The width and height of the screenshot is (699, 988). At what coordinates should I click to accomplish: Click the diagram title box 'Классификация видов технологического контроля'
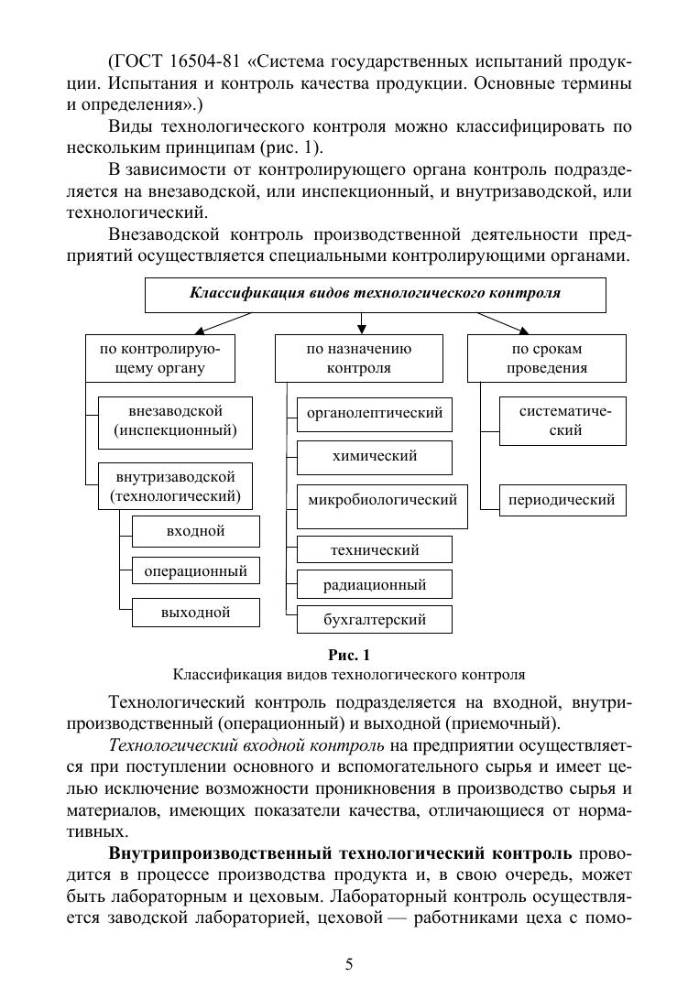pos(375,294)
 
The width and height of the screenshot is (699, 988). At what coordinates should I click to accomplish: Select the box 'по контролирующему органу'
pos(159,358)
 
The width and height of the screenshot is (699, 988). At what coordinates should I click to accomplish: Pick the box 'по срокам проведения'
pos(547,358)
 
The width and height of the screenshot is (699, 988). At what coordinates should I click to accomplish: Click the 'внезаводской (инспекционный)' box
pos(175,420)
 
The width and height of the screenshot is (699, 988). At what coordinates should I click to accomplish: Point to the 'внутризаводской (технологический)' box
pos(175,487)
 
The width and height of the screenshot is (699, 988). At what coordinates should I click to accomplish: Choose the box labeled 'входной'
pos(195,531)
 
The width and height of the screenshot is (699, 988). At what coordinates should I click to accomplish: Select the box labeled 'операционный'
pos(195,571)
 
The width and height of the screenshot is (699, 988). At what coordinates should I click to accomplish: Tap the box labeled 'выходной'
pos(195,613)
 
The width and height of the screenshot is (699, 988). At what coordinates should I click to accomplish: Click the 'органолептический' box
pos(374,414)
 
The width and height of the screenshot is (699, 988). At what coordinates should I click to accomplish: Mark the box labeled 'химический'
pos(374,456)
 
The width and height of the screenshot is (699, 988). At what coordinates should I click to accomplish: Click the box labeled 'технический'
pos(374,549)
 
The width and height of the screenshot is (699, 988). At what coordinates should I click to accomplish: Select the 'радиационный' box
pos(374,584)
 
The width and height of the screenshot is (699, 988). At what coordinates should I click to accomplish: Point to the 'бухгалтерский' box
pos(374,620)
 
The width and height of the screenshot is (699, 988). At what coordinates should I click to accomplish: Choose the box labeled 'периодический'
pos(562,501)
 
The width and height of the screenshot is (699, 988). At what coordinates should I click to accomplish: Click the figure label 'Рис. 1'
pos(348,655)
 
